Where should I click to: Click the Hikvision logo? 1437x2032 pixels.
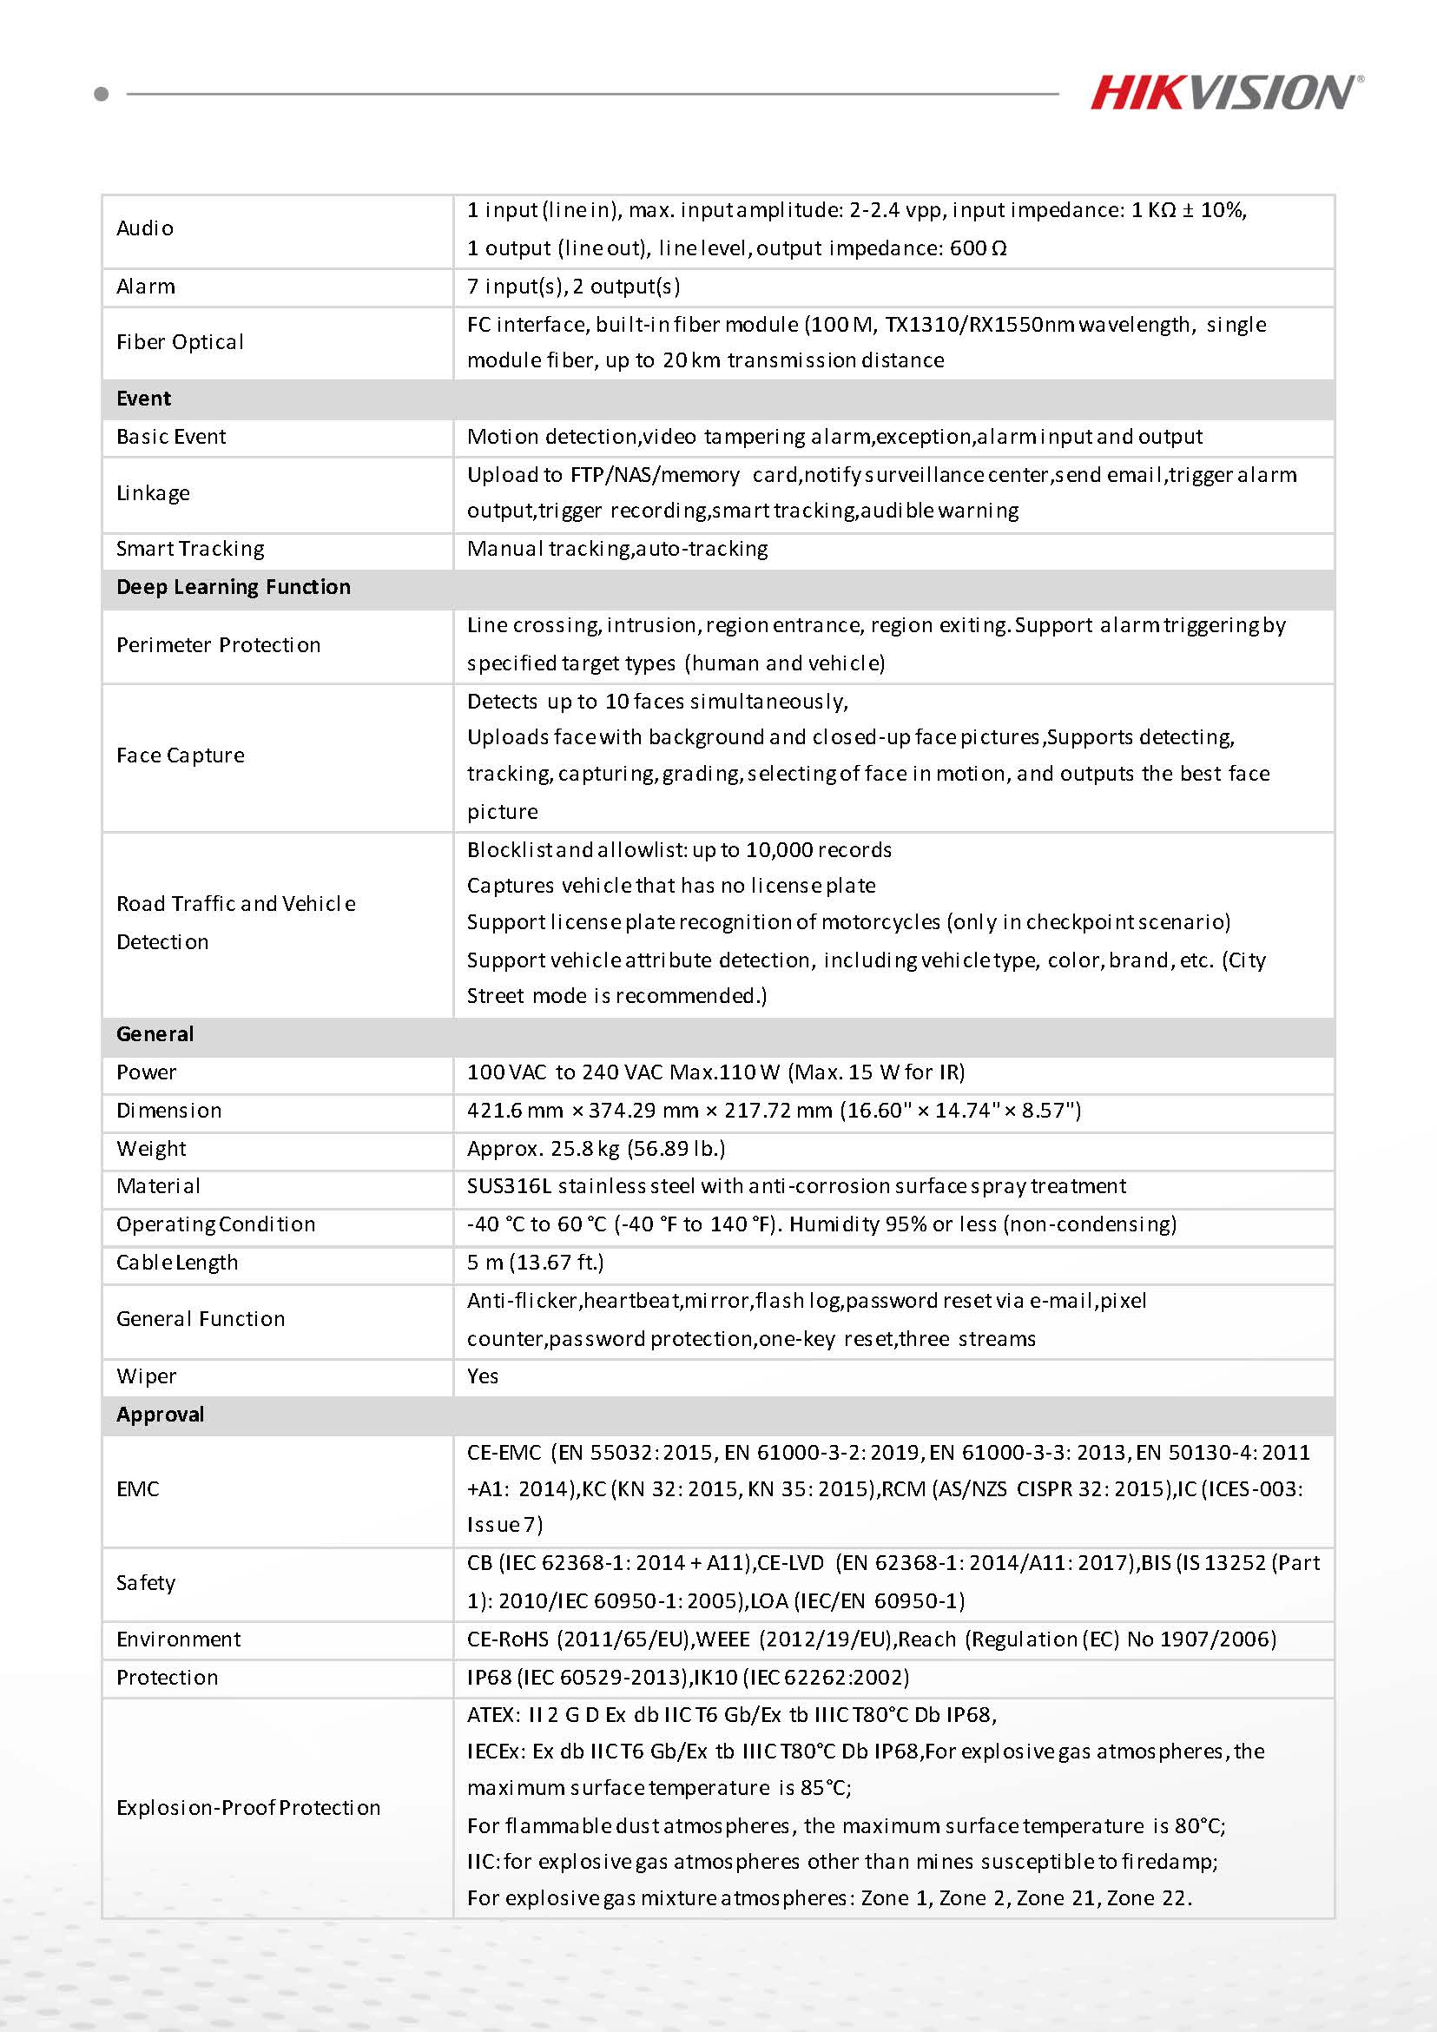point(1226,93)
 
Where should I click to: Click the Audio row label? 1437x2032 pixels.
point(145,228)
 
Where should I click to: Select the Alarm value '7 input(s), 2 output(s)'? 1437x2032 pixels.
point(573,287)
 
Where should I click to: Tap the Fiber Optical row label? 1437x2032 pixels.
point(180,342)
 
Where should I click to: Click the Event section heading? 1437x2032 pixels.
point(143,399)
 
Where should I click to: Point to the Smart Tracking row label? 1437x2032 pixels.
point(190,549)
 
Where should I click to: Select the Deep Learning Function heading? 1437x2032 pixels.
point(234,587)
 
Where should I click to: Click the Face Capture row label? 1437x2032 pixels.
point(181,755)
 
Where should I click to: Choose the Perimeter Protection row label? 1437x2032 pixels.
point(219,645)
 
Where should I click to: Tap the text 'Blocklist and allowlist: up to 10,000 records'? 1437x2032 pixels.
point(679,849)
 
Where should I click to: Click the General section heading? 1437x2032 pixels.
point(155,1033)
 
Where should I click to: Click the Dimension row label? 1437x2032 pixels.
point(169,1111)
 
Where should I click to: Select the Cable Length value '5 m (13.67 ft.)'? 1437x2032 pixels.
point(536,1262)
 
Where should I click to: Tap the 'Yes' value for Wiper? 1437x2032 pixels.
point(482,1376)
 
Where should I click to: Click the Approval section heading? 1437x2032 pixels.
point(160,1415)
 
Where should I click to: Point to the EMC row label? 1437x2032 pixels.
point(138,1489)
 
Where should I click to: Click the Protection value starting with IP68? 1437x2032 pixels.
point(688,1677)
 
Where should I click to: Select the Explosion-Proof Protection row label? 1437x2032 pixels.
point(248,1807)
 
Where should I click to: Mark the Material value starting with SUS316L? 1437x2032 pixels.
point(796,1186)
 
